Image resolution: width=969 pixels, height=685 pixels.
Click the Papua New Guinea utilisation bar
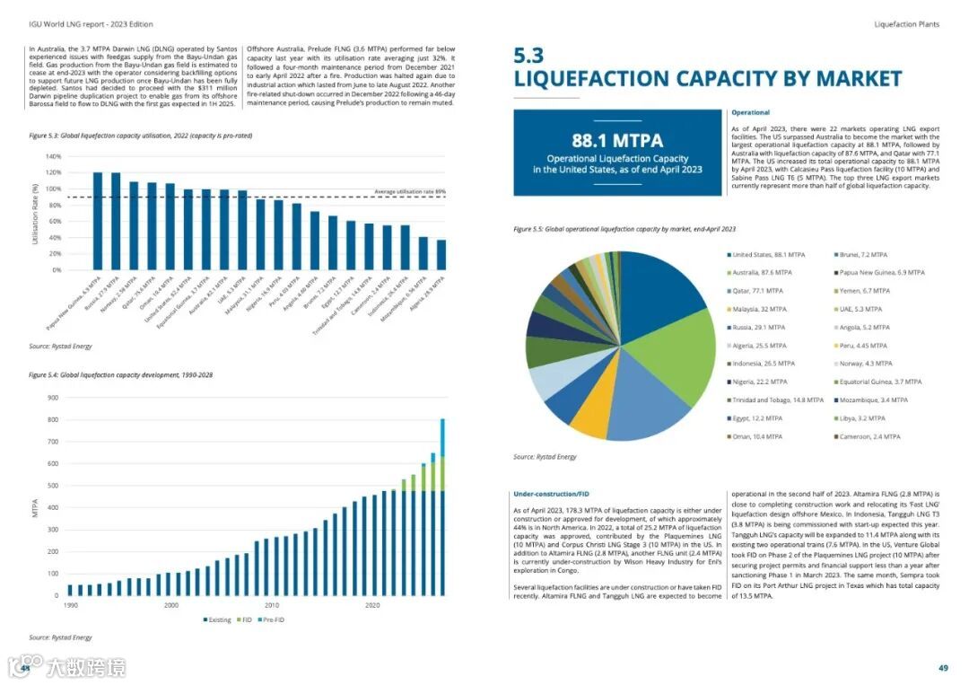pyautogui.click(x=98, y=221)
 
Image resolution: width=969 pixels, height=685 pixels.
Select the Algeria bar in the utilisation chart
pyautogui.click(x=441, y=255)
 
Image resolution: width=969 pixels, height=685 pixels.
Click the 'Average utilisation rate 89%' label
pyautogui.click(x=409, y=192)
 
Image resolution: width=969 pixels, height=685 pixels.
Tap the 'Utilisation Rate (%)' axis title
pyautogui.click(x=35, y=214)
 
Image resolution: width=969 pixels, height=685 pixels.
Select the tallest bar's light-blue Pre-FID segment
pyautogui.click(x=441, y=437)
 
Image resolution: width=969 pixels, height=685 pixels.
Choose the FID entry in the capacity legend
pyautogui.click(x=244, y=619)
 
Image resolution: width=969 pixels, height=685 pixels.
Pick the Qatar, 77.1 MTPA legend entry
pyautogui.click(x=758, y=291)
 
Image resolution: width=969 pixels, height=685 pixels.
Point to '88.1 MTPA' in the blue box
pyautogui.click(x=617, y=141)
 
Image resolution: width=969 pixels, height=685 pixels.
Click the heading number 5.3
pyautogui.click(x=528, y=56)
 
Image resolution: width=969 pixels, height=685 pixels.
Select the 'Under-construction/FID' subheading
pyautogui.click(x=551, y=494)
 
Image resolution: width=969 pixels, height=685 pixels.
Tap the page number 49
pyautogui.click(x=943, y=667)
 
